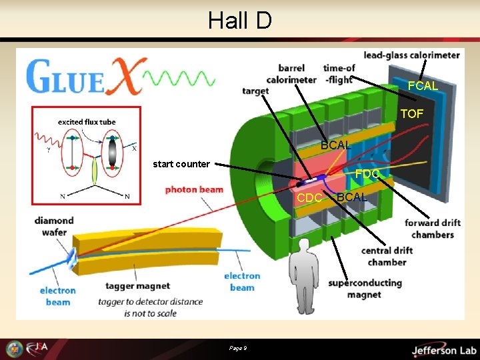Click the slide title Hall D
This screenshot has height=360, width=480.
pyautogui.click(x=239, y=21)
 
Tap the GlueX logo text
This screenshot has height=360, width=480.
pyautogui.click(x=83, y=77)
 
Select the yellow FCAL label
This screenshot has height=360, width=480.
pyautogui.click(x=423, y=86)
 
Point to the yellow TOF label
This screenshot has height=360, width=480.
pyautogui.click(x=411, y=114)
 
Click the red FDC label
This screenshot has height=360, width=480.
pyautogui.click(x=367, y=174)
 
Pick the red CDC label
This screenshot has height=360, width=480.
pyautogui.click(x=309, y=197)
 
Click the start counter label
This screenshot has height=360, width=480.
pyautogui.click(x=181, y=164)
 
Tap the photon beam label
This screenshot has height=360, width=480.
pyautogui.click(x=194, y=189)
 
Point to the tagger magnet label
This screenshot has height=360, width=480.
pyautogui.click(x=137, y=286)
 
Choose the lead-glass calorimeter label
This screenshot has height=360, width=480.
pyautogui.click(x=411, y=55)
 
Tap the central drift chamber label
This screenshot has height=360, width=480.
pyautogui.click(x=387, y=256)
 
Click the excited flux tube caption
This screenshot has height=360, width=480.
pyautogui.click(x=87, y=122)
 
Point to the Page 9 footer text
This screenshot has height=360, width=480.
pyautogui.click(x=238, y=349)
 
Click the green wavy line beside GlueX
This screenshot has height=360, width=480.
pyautogui.click(x=180, y=79)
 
